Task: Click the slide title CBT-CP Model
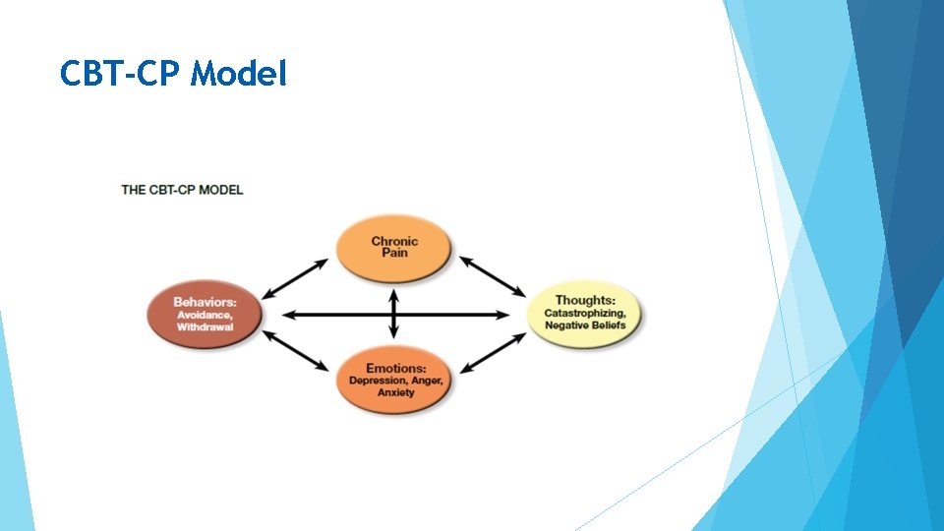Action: [173, 74]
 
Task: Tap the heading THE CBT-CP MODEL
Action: [182, 190]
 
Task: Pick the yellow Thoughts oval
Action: [585, 313]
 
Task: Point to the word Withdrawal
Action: [206, 326]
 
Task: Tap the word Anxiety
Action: [395, 392]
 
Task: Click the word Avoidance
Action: [206, 315]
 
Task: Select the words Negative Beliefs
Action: [585, 325]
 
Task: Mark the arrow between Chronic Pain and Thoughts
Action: [493, 275]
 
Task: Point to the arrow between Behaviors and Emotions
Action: [296, 351]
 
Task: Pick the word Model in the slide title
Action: [240, 74]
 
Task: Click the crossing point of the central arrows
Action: [394, 315]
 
